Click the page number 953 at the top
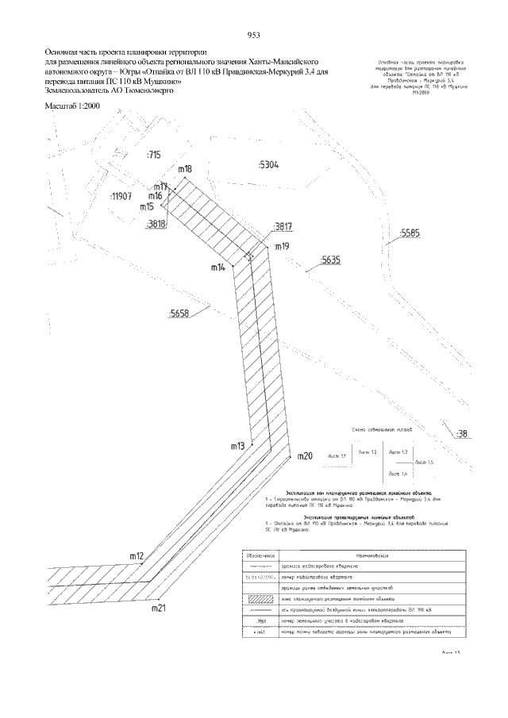click(254, 36)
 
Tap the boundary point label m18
click(185, 169)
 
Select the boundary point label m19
click(282, 248)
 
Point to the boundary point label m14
click(218, 268)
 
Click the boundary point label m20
click(305, 456)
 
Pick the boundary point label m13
click(237, 447)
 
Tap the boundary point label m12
click(136, 555)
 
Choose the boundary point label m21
click(158, 609)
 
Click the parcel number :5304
click(267, 165)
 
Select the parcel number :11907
click(121, 195)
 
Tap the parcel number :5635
click(330, 259)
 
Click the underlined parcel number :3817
click(283, 227)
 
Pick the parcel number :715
click(153, 155)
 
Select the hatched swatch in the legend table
click(262, 598)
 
